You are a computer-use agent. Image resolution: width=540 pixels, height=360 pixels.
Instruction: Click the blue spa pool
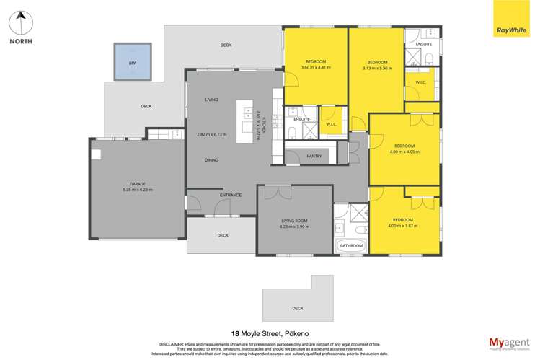133,63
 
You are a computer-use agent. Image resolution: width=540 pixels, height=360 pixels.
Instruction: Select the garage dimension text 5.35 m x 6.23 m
138,189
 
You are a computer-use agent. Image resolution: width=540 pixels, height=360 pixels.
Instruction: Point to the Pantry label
314,156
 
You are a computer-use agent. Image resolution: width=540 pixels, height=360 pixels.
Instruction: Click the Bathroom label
351,246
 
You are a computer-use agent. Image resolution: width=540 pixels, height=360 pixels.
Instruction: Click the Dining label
211,159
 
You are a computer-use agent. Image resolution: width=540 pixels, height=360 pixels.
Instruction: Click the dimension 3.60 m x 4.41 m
315,68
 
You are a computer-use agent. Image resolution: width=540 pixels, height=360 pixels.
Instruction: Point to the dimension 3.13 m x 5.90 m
377,69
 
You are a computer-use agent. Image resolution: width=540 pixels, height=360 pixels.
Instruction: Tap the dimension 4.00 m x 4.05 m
404,152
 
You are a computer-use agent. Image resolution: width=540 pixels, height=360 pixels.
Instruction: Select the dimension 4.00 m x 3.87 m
403,226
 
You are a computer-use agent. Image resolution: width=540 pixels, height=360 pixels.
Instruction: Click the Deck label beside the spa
146,106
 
